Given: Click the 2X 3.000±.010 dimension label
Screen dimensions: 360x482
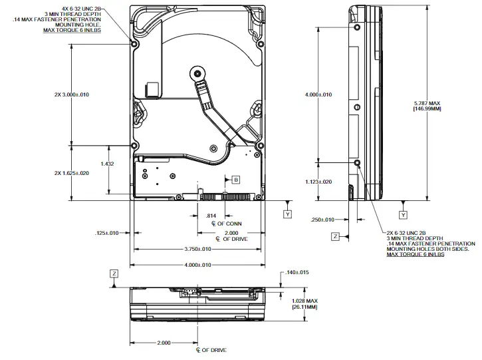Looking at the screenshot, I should tap(71, 94).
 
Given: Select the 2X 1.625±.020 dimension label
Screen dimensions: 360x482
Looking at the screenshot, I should tap(71, 172).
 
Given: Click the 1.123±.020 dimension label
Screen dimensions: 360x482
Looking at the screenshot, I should tap(318, 181).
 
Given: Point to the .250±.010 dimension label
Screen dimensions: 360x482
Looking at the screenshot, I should tap(324, 220).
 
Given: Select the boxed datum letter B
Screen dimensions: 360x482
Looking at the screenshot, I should tap(235, 180).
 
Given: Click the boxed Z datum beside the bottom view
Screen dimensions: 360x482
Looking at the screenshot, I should tap(114, 273).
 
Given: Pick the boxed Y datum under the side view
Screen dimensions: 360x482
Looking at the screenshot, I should tap(403, 214).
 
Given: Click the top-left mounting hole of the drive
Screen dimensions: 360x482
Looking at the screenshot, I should tap(135, 44).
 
